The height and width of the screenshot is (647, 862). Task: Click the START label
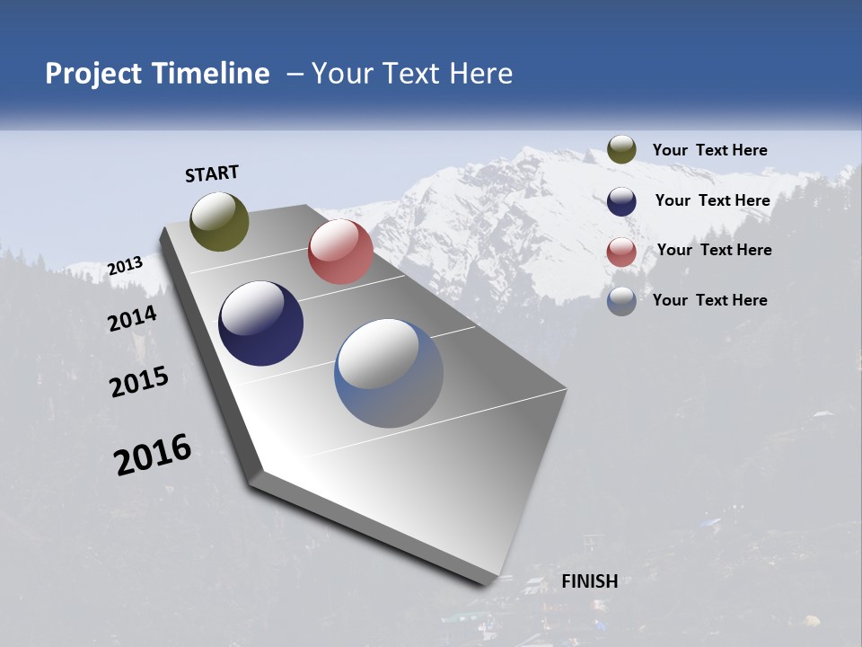(x=212, y=173)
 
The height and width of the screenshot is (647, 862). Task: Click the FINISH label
(x=590, y=581)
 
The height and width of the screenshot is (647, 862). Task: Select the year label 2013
(x=126, y=266)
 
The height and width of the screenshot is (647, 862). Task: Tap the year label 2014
(x=133, y=318)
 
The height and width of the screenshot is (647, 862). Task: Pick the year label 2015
(x=139, y=382)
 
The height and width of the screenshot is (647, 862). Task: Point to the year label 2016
(x=153, y=454)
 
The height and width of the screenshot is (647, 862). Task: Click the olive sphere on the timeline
(x=220, y=221)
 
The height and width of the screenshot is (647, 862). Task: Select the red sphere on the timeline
(x=340, y=252)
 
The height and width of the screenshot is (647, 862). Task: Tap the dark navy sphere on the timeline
(x=260, y=323)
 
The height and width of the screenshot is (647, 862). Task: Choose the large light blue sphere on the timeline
(x=389, y=373)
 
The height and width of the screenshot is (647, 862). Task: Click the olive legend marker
(x=621, y=150)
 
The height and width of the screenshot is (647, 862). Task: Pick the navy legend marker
(x=621, y=201)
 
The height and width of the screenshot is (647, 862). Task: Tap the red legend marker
(x=621, y=252)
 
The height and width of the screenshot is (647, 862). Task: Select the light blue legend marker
(x=621, y=301)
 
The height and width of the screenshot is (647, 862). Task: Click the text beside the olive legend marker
(x=709, y=150)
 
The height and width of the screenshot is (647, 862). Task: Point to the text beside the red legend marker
(x=714, y=250)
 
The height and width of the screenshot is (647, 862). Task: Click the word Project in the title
(x=93, y=74)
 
